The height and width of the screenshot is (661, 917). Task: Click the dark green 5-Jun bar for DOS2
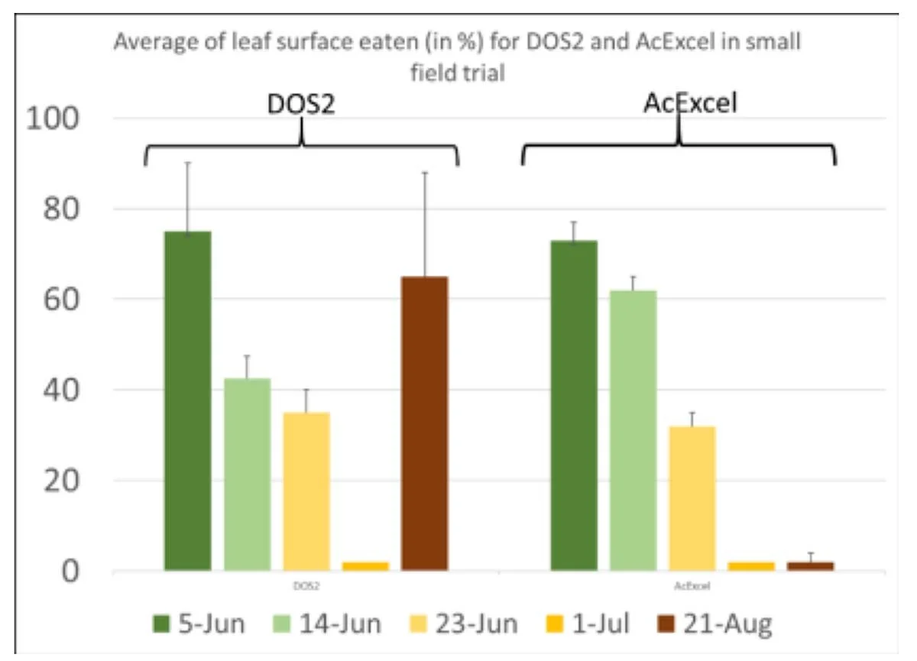click(x=187, y=401)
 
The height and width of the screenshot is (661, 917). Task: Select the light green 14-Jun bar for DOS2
click(x=247, y=475)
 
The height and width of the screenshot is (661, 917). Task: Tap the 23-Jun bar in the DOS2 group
click(x=306, y=491)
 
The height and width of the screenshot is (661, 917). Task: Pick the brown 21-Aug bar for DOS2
click(x=424, y=423)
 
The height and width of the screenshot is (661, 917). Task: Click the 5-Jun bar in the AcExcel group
click(x=574, y=406)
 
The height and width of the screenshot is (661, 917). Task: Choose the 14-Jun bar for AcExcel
click(x=633, y=431)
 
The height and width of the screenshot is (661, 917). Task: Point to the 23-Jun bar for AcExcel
click(x=692, y=498)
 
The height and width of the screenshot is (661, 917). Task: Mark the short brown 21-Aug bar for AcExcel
click(x=810, y=566)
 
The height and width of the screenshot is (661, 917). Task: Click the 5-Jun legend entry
click(x=199, y=624)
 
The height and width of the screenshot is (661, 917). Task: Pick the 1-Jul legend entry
click(x=589, y=624)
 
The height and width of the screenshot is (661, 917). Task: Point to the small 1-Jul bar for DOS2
click(x=365, y=566)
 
